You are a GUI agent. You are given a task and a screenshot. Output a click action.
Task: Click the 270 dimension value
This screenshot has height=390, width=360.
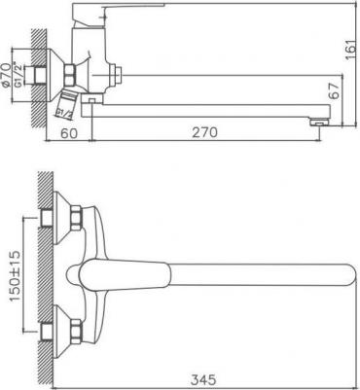pyautogui.click(x=204, y=132)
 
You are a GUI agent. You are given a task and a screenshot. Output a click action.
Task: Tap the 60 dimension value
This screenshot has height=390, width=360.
pyautogui.click(x=69, y=133)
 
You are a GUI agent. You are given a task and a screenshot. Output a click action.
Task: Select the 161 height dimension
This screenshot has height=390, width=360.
pyautogui.click(x=351, y=50)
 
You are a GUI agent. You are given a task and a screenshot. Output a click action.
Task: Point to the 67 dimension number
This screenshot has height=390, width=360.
pyautogui.click(x=336, y=90)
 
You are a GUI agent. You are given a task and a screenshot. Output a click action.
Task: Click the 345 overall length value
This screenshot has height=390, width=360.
pyautogui.click(x=203, y=379)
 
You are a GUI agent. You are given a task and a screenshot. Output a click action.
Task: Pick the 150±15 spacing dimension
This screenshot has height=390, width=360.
pyautogui.click(x=15, y=275)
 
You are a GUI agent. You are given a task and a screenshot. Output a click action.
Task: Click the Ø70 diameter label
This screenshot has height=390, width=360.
pyautogui.click(x=7, y=76)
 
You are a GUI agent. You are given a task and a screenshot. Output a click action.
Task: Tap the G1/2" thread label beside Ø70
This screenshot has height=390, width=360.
pyautogui.click(x=18, y=75)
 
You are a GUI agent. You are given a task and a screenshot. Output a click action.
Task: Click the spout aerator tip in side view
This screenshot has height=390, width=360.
pyautogui.click(x=319, y=123)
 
